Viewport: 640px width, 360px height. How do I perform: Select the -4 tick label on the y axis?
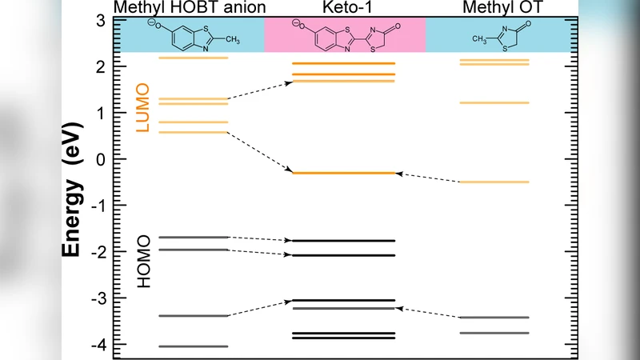tap(97, 344)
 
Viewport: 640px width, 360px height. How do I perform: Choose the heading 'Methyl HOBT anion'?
tap(190, 8)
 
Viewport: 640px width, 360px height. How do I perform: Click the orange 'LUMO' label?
tap(143, 107)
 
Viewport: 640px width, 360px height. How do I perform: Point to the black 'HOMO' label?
tap(143, 262)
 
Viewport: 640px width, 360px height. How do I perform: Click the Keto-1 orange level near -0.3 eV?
tap(344, 173)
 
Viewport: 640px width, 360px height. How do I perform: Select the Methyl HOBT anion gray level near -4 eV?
tap(194, 346)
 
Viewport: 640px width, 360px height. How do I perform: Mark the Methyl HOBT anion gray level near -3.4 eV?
tap(194, 316)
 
